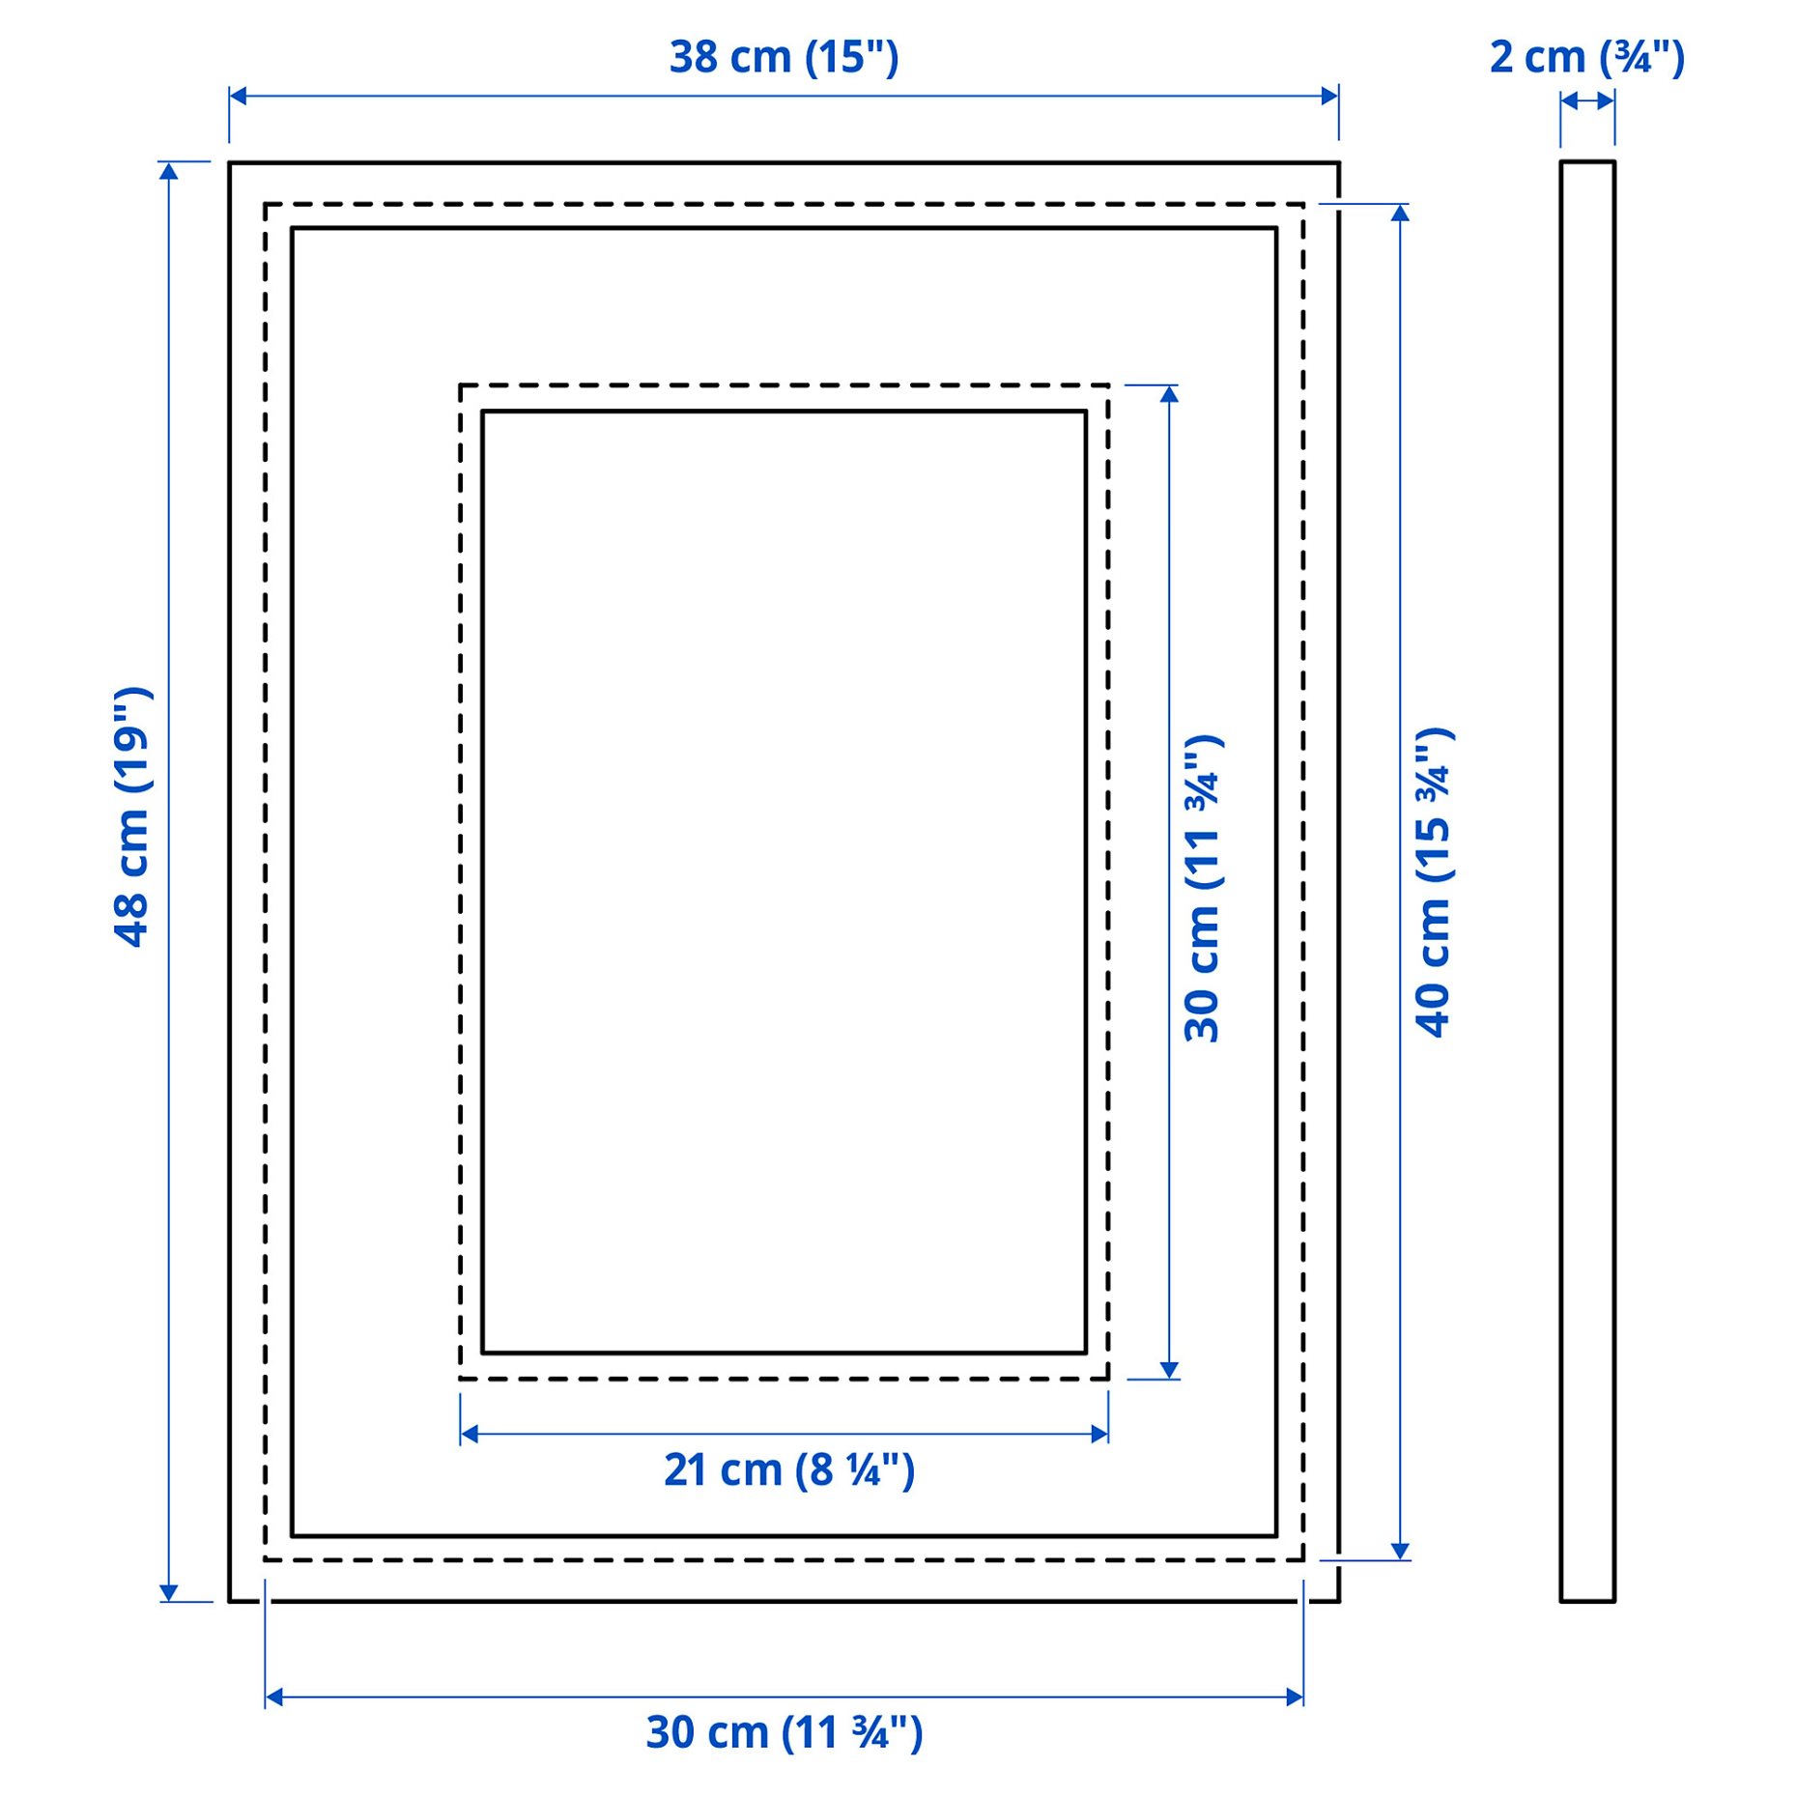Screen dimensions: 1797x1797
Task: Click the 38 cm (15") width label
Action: tap(784, 57)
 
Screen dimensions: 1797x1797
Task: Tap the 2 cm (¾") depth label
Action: tap(1586, 58)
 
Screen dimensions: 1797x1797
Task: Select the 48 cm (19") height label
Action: tap(132, 816)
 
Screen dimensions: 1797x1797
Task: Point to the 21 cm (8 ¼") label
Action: tap(788, 1469)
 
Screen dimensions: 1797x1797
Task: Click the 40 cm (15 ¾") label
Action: tap(1434, 882)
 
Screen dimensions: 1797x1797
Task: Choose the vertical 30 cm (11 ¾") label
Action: tap(1203, 888)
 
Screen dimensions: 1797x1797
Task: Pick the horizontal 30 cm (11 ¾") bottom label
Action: tap(784, 1732)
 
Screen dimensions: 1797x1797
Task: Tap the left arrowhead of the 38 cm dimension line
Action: tap(238, 96)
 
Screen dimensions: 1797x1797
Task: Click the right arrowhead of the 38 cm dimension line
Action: tap(1330, 96)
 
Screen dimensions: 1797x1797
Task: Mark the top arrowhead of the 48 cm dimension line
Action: tap(169, 171)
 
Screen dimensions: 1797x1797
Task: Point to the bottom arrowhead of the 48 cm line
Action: tap(169, 1593)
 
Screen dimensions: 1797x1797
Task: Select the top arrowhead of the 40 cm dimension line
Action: tap(1400, 213)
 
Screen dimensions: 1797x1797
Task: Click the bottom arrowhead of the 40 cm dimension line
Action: tap(1400, 1552)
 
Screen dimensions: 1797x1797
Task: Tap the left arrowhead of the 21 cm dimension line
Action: tap(469, 1434)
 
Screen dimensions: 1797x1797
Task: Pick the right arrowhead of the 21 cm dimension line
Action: tap(1099, 1434)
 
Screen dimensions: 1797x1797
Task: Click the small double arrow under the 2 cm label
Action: tap(1586, 100)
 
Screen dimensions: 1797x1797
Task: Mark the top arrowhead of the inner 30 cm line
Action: tap(1169, 394)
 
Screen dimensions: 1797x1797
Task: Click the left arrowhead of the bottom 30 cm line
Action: tap(273, 1697)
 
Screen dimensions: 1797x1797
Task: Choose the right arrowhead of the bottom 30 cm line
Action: tap(1295, 1697)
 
